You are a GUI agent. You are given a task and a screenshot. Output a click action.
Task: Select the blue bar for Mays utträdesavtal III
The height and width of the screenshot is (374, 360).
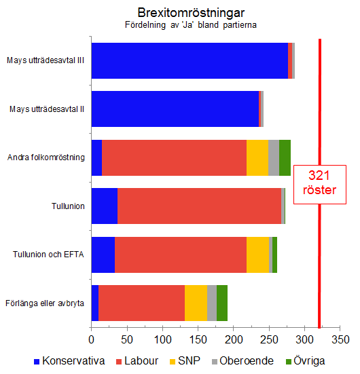190,60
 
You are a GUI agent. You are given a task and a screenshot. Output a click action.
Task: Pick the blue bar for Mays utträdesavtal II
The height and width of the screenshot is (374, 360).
175,109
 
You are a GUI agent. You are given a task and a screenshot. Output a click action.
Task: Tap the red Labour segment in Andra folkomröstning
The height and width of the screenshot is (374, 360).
174,157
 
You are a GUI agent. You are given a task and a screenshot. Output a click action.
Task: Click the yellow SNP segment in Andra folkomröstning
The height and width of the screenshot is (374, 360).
257,157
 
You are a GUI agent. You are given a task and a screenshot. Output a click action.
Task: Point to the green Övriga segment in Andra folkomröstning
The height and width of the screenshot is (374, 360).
285,157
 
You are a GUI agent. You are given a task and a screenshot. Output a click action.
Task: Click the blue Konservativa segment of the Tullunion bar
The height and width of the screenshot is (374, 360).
105,206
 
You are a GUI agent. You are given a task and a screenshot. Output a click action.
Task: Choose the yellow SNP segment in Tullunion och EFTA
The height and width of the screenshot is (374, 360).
257,255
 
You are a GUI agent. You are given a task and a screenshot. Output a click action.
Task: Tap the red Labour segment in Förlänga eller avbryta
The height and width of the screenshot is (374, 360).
141,303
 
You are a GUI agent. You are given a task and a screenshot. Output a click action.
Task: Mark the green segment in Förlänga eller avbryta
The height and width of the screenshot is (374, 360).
222,303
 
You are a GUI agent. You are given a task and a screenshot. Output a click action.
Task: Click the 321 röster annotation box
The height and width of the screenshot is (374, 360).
319,183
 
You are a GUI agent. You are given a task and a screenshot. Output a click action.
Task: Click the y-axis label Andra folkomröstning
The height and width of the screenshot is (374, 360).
46,157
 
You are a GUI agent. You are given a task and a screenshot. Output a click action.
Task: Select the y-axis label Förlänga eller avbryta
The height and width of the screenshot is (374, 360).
45,303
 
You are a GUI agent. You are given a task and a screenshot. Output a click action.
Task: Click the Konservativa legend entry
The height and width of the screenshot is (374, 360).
69,360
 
